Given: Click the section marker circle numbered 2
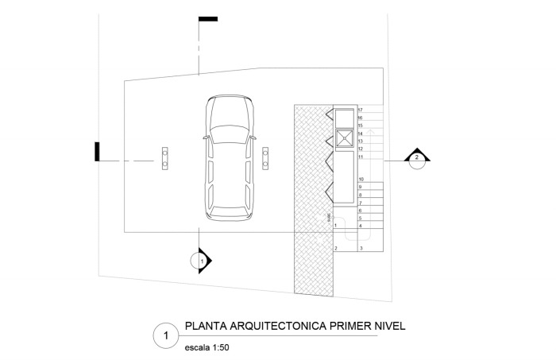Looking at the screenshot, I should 415,158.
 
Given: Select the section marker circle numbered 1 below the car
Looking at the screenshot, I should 201,260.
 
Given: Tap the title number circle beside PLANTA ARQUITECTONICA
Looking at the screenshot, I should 164,335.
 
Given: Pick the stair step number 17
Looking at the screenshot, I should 361,110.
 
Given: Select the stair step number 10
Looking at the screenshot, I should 361,180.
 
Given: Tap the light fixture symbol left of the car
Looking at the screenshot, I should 164,158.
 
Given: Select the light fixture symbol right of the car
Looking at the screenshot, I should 265,158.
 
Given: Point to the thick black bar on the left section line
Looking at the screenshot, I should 97,151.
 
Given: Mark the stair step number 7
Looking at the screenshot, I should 361,203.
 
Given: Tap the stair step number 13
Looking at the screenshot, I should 361,141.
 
